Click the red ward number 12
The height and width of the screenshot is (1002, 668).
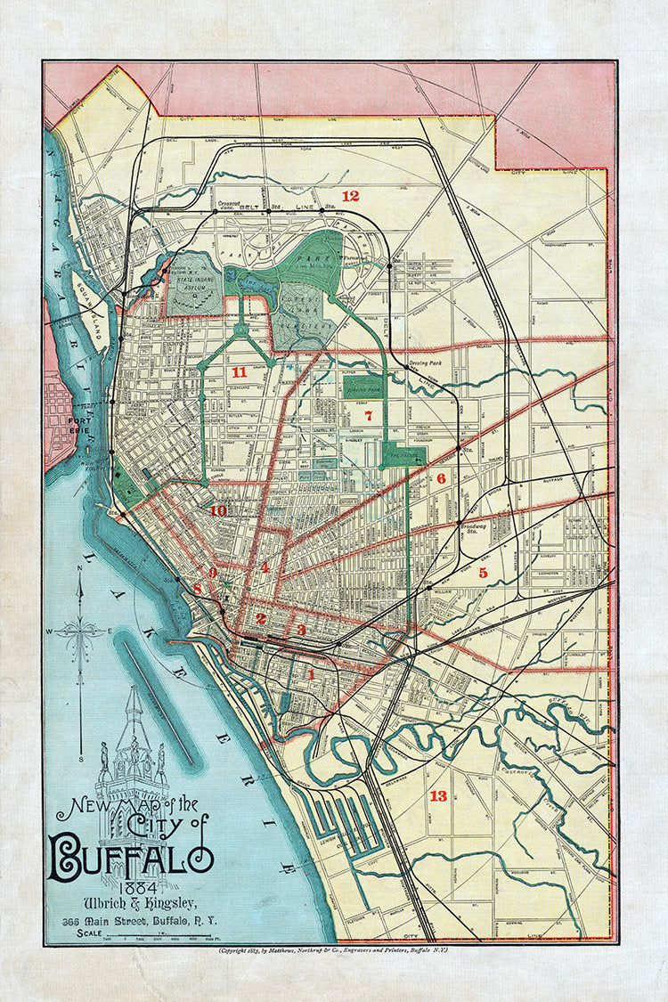coord(350,196)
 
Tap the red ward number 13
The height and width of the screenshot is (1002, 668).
coord(438,795)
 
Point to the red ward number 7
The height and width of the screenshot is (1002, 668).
coord(365,415)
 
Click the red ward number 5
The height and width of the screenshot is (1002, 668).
coord(483,573)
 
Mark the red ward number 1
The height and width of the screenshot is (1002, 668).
coord(440,478)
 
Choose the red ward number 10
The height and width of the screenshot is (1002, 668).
coord(217,510)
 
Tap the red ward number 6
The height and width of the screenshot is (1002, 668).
coord(440,478)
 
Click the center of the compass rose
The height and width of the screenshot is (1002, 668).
coord(81,631)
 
